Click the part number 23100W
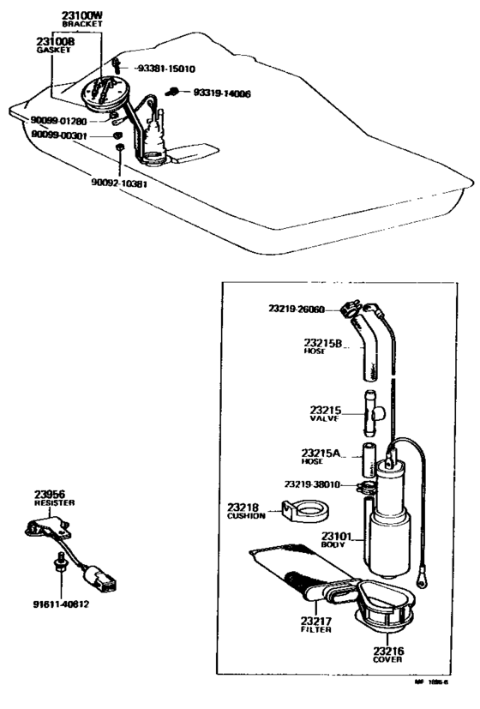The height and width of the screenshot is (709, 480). pyautogui.click(x=81, y=15)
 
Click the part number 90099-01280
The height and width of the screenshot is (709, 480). pyautogui.click(x=58, y=121)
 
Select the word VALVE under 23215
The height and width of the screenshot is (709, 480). pyautogui.click(x=325, y=419)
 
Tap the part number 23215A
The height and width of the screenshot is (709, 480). pyautogui.click(x=321, y=453)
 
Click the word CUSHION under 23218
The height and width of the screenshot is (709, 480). pyautogui.click(x=246, y=516)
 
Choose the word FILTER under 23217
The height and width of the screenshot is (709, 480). pyautogui.click(x=316, y=629)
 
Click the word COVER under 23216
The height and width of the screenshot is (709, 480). pyautogui.click(x=387, y=661)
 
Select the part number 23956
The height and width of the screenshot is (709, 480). pyautogui.click(x=51, y=495)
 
